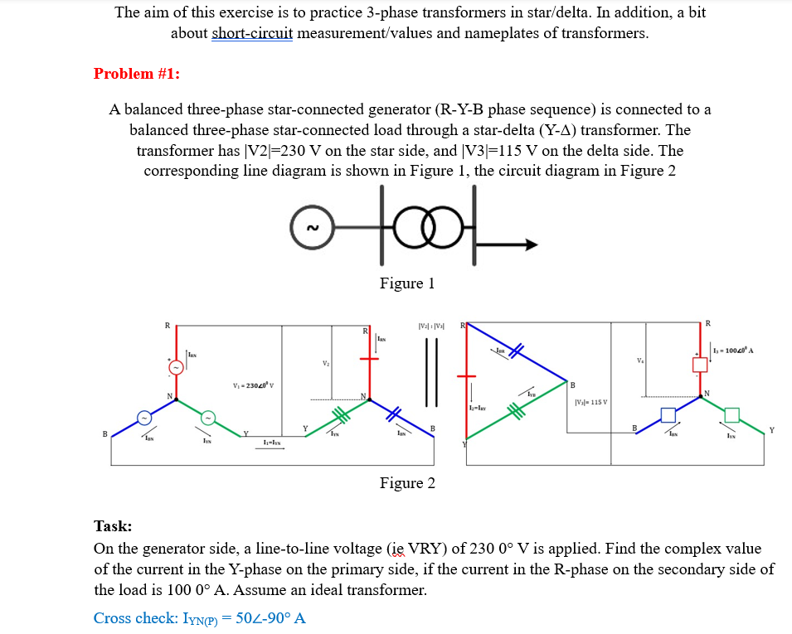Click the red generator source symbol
pyautogui.click(x=175, y=366)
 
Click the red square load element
pyautogui.click(x=700, y=363)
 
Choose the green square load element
pyautogui.click(x=732, y=414)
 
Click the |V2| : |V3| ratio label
pyautogui.click(x=432, y=324)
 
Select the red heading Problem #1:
pyautogui.click(x=137, y=73)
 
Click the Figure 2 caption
pyautogui.click(x=407, y=482)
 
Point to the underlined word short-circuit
pyautogui.click(x=252, y=33)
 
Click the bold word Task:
pyautogui.click(x=113, y=525)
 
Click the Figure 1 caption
pyautogui.click(x=407, y=283)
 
